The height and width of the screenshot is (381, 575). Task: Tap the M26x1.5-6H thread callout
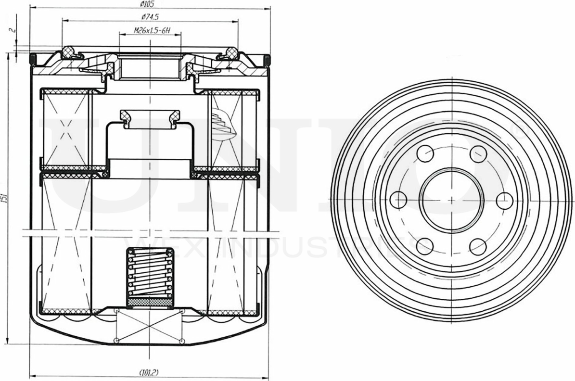pos(151,31)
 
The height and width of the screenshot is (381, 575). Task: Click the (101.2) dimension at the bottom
pos(149,372)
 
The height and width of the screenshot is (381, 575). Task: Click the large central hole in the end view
pos(451,198)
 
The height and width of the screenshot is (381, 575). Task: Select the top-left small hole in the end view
pos(425,154)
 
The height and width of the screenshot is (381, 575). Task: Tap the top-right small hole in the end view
pos(478,154)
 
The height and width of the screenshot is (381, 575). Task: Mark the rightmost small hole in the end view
pos(504,200)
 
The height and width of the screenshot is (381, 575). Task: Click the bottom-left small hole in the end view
pos(425,246)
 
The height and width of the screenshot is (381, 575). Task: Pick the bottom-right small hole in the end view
pos(478,246)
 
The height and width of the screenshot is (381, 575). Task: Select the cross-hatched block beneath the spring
pos(149,302)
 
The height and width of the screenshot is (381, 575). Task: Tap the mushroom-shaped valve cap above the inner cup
pos(150,117)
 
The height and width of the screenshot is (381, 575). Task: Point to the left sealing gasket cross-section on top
pos(70,51)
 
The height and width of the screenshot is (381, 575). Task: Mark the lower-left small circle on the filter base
pos(116,341)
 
